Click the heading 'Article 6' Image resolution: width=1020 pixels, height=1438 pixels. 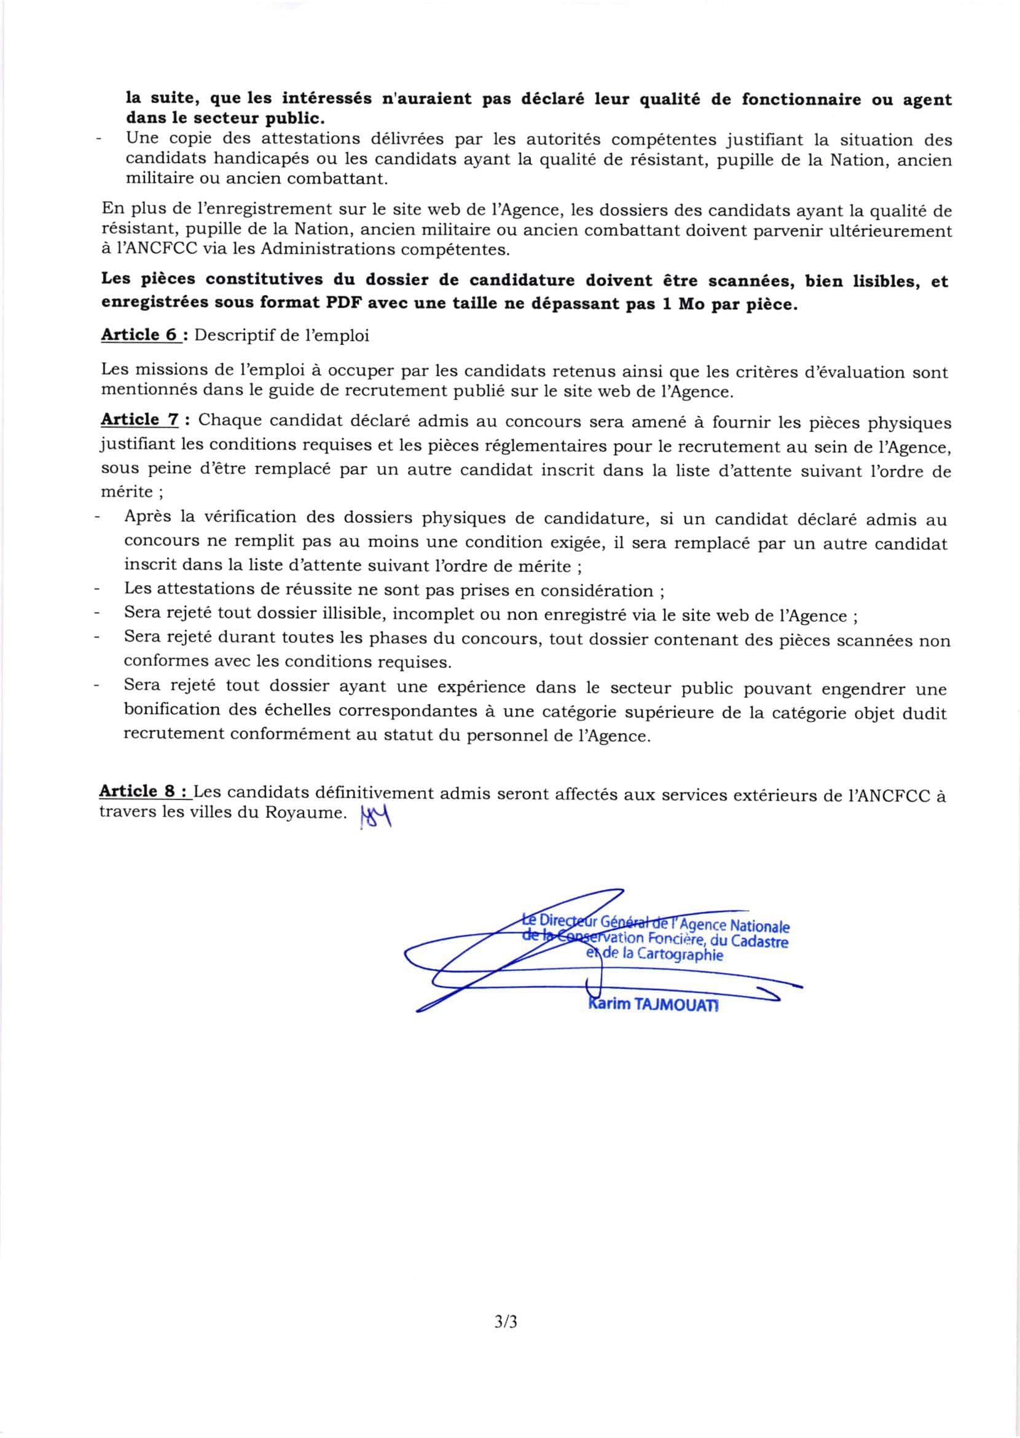click(x=140, y=335)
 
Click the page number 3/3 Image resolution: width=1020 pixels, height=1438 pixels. click(x=506, y=1322)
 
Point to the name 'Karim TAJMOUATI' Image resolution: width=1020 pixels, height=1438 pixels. click(x=653, y=1004)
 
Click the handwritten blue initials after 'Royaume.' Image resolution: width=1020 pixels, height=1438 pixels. click(x=376, y=817)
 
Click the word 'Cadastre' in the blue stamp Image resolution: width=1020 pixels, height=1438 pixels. click(x=759, y=941)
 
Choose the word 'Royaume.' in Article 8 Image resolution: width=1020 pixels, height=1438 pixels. click(x=306, y=812)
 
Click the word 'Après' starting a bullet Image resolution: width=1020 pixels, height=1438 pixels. click(x=147, y=516)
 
